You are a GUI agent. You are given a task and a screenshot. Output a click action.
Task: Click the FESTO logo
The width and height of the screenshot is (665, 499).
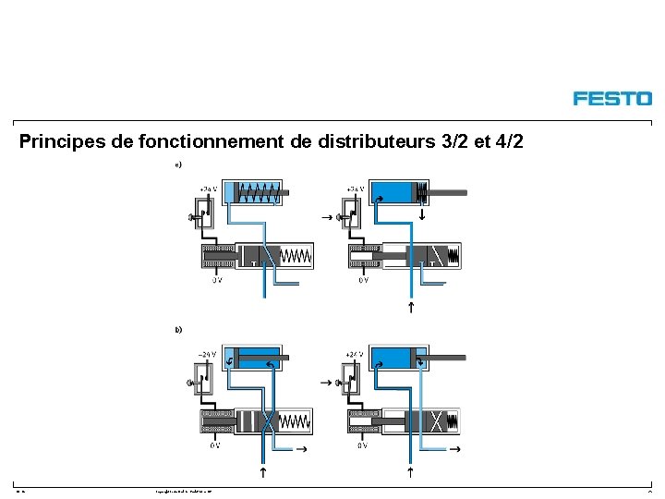click(611, 98)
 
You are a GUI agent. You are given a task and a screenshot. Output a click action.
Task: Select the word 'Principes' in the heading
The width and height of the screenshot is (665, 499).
click(57, 142)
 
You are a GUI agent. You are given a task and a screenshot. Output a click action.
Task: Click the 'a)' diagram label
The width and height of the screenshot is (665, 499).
click(178, 165)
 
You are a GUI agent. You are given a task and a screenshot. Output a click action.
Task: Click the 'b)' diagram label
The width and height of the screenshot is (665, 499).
click(178, 329)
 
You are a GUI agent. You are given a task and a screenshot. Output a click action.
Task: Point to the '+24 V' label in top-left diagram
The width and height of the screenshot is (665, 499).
click(209, 189)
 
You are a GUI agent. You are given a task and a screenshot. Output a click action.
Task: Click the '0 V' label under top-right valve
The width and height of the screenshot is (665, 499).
click(363, 280)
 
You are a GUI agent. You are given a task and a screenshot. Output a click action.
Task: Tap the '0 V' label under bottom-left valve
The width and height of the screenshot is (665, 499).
click(215, 445)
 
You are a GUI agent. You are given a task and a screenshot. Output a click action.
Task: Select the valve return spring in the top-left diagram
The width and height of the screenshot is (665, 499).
click(296, 255)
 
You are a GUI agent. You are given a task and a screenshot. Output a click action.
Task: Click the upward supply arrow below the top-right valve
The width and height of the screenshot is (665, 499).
click(411, 307)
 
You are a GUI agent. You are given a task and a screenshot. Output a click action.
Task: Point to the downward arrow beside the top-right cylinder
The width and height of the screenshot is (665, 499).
click(421, 215)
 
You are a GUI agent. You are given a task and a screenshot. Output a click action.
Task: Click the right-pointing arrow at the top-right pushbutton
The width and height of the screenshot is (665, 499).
click(325, 217)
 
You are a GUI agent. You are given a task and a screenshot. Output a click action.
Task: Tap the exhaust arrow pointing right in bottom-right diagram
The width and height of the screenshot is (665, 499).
click(453, 449)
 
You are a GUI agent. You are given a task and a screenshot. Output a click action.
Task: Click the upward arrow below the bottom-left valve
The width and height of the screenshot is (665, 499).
click(263, 472)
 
